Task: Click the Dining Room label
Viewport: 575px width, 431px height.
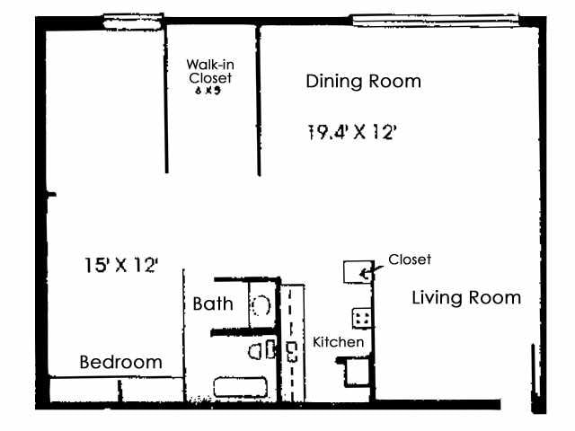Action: [x=363, y=82]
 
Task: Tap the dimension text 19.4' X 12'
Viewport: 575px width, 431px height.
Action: [x=352, y=133]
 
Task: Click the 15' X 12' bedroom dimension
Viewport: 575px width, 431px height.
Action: [x=121, y=265]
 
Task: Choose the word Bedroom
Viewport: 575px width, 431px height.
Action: [x=121, y=363]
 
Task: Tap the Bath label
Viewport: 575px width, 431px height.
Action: [x=213, y=303]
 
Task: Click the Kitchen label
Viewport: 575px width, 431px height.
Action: [x=338, y=342]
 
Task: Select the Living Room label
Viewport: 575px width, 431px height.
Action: [x=465, y=297]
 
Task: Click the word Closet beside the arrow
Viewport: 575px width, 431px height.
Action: [x=410, y=259]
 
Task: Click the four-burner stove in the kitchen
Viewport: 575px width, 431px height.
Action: [x=363, y=318]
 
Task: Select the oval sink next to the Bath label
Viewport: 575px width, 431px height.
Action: [x=261, y=305]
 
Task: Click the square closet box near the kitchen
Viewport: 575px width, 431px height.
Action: [x=358, y=272]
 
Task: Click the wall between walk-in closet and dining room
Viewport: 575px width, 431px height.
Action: [x=260, y=99]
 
